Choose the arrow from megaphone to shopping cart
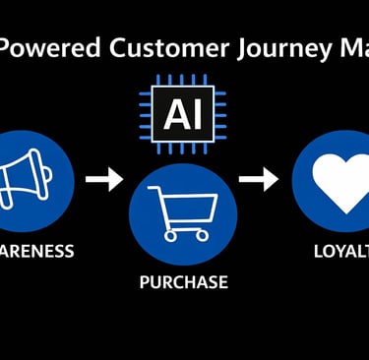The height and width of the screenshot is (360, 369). pyautogui.click(x=103, y=179)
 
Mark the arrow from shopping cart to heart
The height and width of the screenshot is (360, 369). pyautogui.click(x=258, y=179)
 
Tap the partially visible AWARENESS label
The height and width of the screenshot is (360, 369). pyautogui.click(x=35, y=251)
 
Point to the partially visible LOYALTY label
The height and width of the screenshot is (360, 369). pyautogui.click(x=340, y=251)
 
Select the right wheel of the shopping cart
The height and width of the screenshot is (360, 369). pyautogui.click(x=202, y=236)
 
